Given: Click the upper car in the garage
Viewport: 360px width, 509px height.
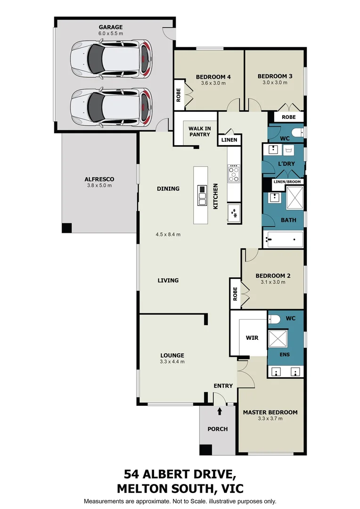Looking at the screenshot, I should [x=111, y=60].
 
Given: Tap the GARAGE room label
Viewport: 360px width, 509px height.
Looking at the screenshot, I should [x=110, y=27].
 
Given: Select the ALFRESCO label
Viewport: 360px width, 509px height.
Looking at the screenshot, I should [x=99, y=179].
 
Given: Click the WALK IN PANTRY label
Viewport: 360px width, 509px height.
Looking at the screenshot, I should [x=199, y=131].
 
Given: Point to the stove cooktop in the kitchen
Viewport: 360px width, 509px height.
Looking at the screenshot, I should [x=234, y=173].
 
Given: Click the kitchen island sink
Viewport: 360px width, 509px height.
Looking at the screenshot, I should [x=202, y=196].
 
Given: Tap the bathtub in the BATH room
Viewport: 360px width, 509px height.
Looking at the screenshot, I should [x=284, y=239].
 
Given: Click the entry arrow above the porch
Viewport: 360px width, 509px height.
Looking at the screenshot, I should [x=220, y=411].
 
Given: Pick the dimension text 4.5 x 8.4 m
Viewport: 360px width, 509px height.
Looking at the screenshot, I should [x=168, y=234].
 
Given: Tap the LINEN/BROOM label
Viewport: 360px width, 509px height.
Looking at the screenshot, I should [x=288, y=181].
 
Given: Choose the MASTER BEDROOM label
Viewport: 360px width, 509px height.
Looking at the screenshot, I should [x=270, y=412].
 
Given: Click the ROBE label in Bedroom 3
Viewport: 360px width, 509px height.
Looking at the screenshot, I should [x=288, y=117].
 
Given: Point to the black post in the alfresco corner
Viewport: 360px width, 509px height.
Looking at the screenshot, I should [x=67, y=228].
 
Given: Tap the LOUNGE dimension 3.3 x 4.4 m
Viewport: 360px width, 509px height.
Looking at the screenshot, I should [x=172, y=362].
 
